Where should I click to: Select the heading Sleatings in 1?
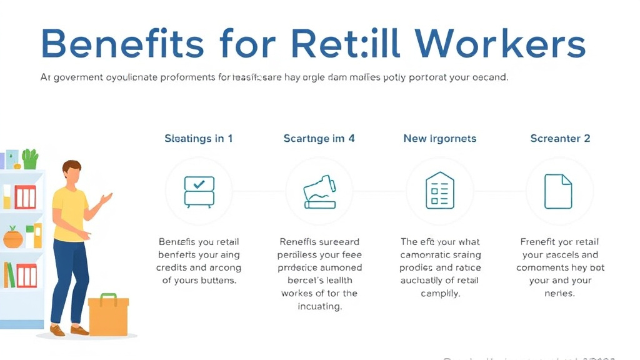[x=199, y=138]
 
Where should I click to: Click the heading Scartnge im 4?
[x=319, y=138]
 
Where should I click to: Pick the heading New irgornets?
[x=439, y=138]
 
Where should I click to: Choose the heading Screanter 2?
[x=560, y=138]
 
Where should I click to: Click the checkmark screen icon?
[x=199, y=191]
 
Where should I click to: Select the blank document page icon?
[x=558, y=191]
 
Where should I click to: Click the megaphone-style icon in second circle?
[x=319, y=191]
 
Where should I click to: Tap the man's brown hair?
[x=72, y=167]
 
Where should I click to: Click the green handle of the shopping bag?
[x=108, y=297]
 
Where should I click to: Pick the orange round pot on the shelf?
[x=12, y=237]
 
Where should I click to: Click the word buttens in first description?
[x=216, y=281]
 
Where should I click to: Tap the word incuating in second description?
[x=319, y=307]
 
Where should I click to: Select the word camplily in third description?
[x=439, y=293]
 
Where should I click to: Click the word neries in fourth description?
[x=560, y=293]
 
